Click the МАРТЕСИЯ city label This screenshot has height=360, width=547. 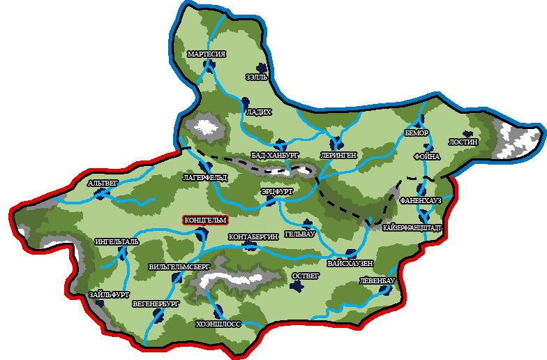click(x=206, y=54)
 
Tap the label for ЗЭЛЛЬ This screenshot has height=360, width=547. click(x=256, y=77)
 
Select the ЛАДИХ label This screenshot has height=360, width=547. click(x=258, y=112)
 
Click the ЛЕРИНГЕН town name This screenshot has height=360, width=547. click(x=338, y=155)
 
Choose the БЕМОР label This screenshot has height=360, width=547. click(x=417, y=133)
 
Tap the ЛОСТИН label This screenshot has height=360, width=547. click(x=463, y=142)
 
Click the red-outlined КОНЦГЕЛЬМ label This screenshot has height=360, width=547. click(x=205, y=220)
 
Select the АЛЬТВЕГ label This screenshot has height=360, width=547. click(x=104, y=183)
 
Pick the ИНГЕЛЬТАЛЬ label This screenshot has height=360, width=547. click(x=116, y=242)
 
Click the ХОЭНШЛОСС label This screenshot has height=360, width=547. click(x=218, y=324)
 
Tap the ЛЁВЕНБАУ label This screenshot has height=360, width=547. click(x=377, y=280)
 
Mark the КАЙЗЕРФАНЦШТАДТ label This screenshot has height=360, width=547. click(x=412, y=227)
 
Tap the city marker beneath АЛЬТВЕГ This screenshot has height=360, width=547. click(x=101, y=195)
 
